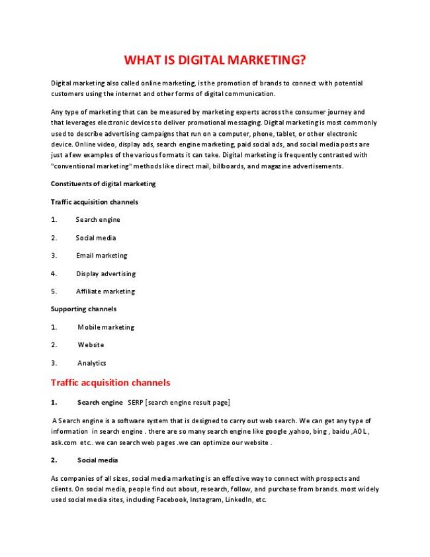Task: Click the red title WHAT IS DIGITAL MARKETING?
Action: click(x=215, y=61)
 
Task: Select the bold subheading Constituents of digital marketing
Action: click(x=103, y=183)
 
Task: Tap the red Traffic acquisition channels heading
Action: click(x=110, y=383)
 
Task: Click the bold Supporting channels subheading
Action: click(x=83, y=309)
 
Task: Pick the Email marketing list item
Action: click(x=101, y=256)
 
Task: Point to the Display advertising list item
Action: click(x=105, y=274)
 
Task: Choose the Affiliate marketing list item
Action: click(x=105, y=291)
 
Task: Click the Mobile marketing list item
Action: click(x=105, y=327)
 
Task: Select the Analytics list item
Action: click(x=91, y=363)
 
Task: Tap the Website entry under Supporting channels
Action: click(x=91, y=345)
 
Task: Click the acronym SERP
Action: click(x=135, y=403)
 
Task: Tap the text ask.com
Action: click(x=64, y=442)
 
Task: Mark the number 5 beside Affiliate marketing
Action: click(x=53, y=291)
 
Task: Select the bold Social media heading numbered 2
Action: click(x=97, y=460)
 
